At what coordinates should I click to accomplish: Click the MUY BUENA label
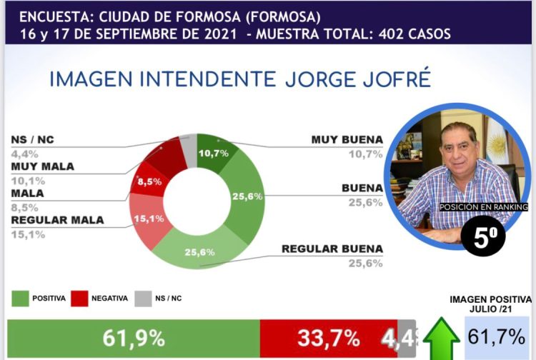(x=347, y=139)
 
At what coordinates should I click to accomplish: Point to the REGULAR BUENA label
(x=332, y=249)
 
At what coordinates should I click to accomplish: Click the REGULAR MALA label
(x=57, y=220)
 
